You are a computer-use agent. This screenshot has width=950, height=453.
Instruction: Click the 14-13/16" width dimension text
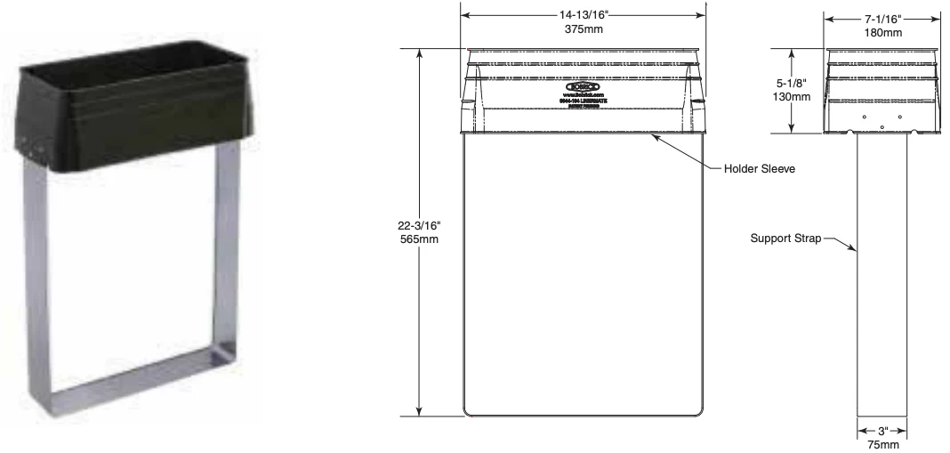click(x=583, y=15)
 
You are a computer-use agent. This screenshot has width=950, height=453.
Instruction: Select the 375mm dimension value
click(x=583, y=28)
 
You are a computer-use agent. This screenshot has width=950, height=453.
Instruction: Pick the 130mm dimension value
click(x=792, y=96)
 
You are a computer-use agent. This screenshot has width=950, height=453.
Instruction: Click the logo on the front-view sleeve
click(x=583, y=86)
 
